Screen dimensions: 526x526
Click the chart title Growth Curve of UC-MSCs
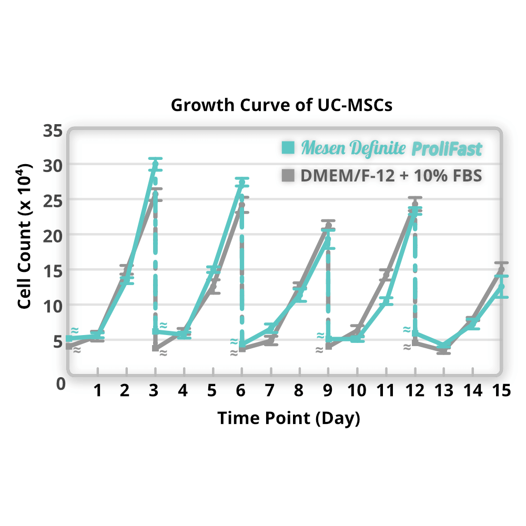tap(281, 105)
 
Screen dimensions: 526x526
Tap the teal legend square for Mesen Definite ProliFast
tap(288, 148)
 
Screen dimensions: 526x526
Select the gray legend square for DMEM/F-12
tap(288, 175)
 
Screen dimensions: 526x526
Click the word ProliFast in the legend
tap(446, 149)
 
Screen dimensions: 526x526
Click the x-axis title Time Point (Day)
tap(289, 418)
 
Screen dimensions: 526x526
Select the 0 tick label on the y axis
tap(60, 383)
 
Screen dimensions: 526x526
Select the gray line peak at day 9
tap(328, 225)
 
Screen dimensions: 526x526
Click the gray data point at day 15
tap(501, 269)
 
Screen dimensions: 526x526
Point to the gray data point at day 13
tap(443, 349)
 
